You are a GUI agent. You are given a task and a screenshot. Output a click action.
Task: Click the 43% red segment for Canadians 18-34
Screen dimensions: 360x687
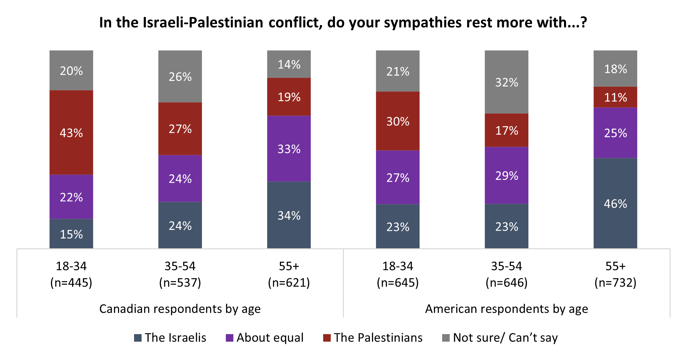pos(71,133)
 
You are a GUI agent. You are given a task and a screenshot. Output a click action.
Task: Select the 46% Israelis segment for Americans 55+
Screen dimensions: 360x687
pos(615,203)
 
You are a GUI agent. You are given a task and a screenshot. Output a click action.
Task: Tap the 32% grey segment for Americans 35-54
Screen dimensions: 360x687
pos(506,82)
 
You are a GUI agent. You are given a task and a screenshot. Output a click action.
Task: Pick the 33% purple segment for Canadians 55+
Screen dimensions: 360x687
pos(289,149)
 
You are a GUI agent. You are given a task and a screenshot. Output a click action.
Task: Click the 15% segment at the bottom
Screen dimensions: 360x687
pos(71,234)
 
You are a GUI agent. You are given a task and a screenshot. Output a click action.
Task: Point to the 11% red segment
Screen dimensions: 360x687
pos(615,97)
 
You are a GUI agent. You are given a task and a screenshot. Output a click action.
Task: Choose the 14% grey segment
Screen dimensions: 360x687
pos(289,65)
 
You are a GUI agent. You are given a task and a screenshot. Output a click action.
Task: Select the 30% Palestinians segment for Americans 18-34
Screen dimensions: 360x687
pos(398,121)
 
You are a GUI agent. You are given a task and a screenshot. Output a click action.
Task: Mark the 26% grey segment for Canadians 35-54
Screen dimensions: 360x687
pos(180,77)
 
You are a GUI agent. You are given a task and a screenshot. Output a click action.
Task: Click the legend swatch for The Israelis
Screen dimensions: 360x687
pos(138,338)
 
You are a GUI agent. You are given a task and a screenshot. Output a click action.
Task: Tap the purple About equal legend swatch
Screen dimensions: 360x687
pos(229,338)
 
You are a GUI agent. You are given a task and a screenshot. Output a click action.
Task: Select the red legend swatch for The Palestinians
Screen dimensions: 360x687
pos(327,338)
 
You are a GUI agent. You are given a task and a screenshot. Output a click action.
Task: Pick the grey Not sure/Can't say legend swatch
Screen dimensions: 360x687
pos(446,338)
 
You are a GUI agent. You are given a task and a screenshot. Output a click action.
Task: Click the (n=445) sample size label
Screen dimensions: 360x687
pos(71,282)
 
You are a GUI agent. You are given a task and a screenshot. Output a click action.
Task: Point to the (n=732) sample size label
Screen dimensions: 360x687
pos(615,282)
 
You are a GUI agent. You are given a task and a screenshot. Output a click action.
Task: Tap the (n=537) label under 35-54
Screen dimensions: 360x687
pos(180,282)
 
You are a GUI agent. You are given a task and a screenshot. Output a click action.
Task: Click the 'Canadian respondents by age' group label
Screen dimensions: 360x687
pos(180,309)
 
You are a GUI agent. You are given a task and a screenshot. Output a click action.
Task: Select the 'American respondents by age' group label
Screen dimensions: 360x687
pos(506,309)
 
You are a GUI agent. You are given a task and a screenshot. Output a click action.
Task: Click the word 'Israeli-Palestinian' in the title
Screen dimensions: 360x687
pos(203,23)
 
